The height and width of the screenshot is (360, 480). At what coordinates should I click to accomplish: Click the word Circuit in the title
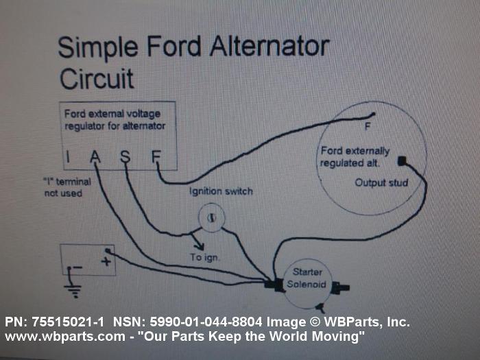click(97, 79)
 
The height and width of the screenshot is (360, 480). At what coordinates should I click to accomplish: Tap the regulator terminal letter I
click(67, 157)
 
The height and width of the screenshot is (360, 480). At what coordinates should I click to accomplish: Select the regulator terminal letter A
click(95, 157)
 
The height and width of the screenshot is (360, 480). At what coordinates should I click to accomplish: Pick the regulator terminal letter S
click(125, 157)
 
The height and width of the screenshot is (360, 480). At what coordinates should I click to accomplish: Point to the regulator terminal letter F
click(156, 157)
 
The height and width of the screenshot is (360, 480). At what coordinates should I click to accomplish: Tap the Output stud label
click(381, 183)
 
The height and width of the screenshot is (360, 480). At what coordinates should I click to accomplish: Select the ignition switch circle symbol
click(211, 217)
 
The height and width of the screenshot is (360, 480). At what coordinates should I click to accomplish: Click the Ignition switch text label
click(221, 191)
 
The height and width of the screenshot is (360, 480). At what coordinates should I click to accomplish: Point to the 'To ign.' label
click(205, 257)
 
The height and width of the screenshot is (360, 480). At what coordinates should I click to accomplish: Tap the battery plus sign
click(106, 261)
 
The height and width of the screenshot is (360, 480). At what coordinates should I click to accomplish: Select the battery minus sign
click(77, 267)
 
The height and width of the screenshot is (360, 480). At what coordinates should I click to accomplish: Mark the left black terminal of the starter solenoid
click(278, 284)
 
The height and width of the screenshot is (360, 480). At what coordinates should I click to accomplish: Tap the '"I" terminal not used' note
click(63, 188)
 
